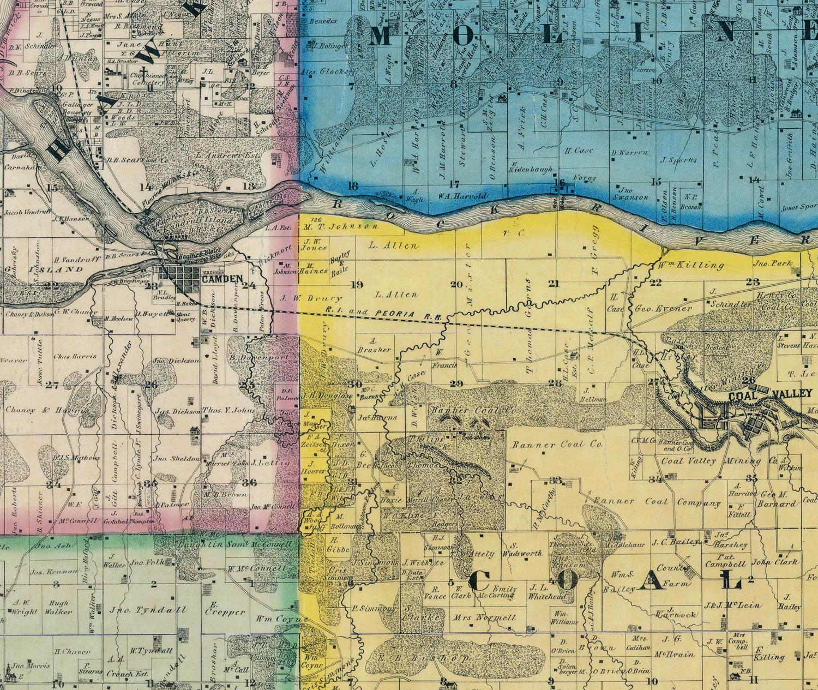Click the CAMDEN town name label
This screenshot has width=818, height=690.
[222, 279]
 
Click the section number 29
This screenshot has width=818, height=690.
[455, 383]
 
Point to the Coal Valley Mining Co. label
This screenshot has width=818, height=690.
[719, 461]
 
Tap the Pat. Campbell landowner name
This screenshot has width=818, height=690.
[725, 560]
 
